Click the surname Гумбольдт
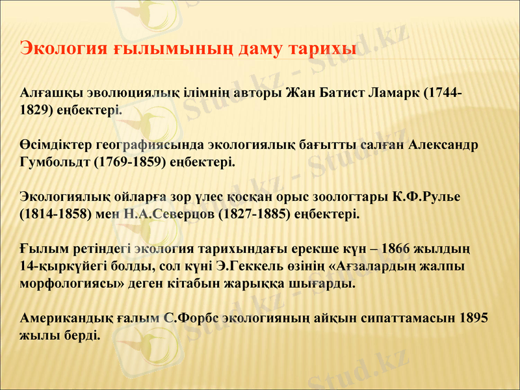[x=55, y=162]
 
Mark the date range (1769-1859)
[x=127, y=162]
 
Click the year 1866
[x=398, y=249]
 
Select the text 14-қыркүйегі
[x=58, y=266]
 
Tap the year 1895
[x=474, y=318]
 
